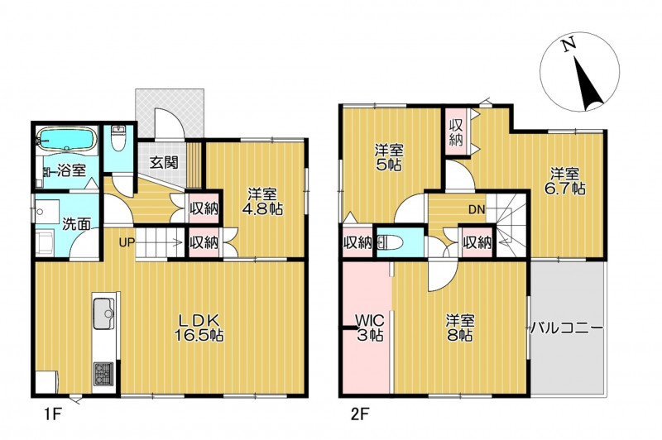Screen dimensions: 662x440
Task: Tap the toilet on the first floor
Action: tap(118, 139)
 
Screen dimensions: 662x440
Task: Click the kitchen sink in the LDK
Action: tap(104, 313)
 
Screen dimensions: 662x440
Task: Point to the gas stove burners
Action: tap(103, 374)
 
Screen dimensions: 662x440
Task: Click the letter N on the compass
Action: tap(568, 45)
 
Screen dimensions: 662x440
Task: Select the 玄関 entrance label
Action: tap(164, 162)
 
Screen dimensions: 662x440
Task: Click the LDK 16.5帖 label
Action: tap(199, 328)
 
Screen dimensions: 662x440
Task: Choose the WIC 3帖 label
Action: tap(370, 328)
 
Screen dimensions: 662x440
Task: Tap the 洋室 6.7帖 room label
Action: tap(564, 181)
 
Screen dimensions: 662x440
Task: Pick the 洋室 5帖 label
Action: tap(389, 156)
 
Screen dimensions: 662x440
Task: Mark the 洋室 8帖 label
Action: tap(460, 328)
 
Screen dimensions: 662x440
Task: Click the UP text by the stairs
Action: tap(127, 242)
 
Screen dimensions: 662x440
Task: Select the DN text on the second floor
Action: tap(477, 209)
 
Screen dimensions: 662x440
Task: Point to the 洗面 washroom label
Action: tap(76, 224)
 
